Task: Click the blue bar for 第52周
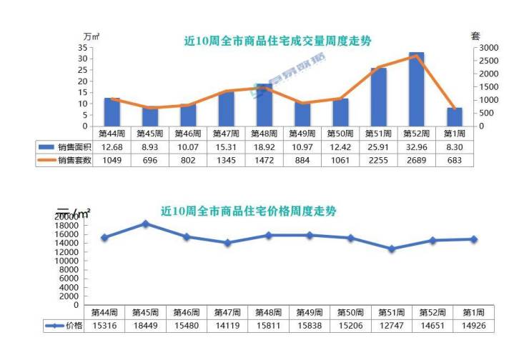[x=416, y=89]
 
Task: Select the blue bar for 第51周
[x=379, y=97]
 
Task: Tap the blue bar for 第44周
[x=112, y=111]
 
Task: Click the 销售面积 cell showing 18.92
[x=264, y=146]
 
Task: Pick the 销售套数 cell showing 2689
[x=416, y=160]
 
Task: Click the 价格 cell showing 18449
[x=145, y=326]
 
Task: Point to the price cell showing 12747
[x=391, y=326]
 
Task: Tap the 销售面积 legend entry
[x=64, y=146]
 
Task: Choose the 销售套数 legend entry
[x=64, y=160]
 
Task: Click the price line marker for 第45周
[x=145, y=224]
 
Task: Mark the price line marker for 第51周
[x=391, y=249]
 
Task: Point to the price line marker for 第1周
[x=473, y=239]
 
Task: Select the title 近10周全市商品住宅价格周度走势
[x=249, y=211]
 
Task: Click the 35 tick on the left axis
[x=83, y=47]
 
